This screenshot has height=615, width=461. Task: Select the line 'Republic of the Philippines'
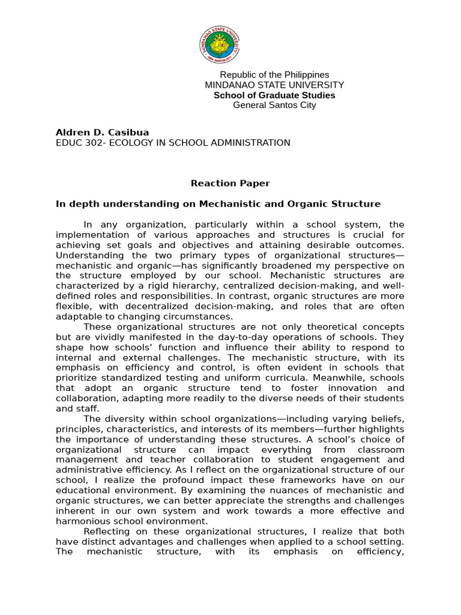click(x=274, y=74)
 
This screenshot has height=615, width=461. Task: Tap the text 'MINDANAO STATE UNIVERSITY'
click(x=274, y=85)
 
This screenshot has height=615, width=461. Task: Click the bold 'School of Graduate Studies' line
click(x=274, y=95)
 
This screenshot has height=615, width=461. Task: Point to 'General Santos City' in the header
click(x=274, y=105)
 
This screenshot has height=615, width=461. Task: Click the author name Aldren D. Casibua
click(x=102, y=132)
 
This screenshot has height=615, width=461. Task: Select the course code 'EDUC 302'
click(x=76, y=143)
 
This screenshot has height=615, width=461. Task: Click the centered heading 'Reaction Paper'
click(x=230, y=183)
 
